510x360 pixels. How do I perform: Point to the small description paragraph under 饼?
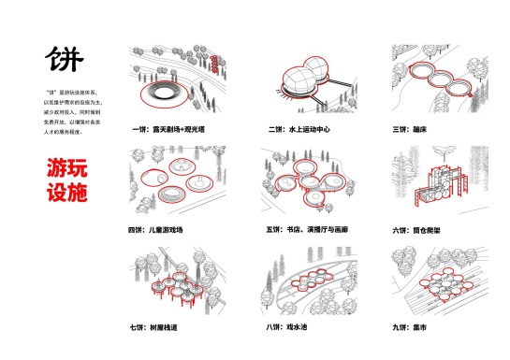(68, 112)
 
